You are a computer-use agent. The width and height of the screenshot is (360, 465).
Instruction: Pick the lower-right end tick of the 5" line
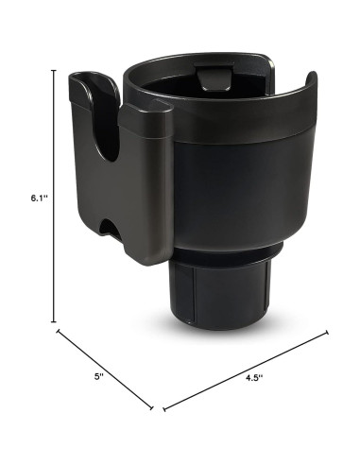(153, 408)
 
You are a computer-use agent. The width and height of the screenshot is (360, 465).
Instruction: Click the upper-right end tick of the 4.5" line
(327, 332)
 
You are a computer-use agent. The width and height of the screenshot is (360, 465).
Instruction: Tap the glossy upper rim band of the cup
(236, 132)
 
